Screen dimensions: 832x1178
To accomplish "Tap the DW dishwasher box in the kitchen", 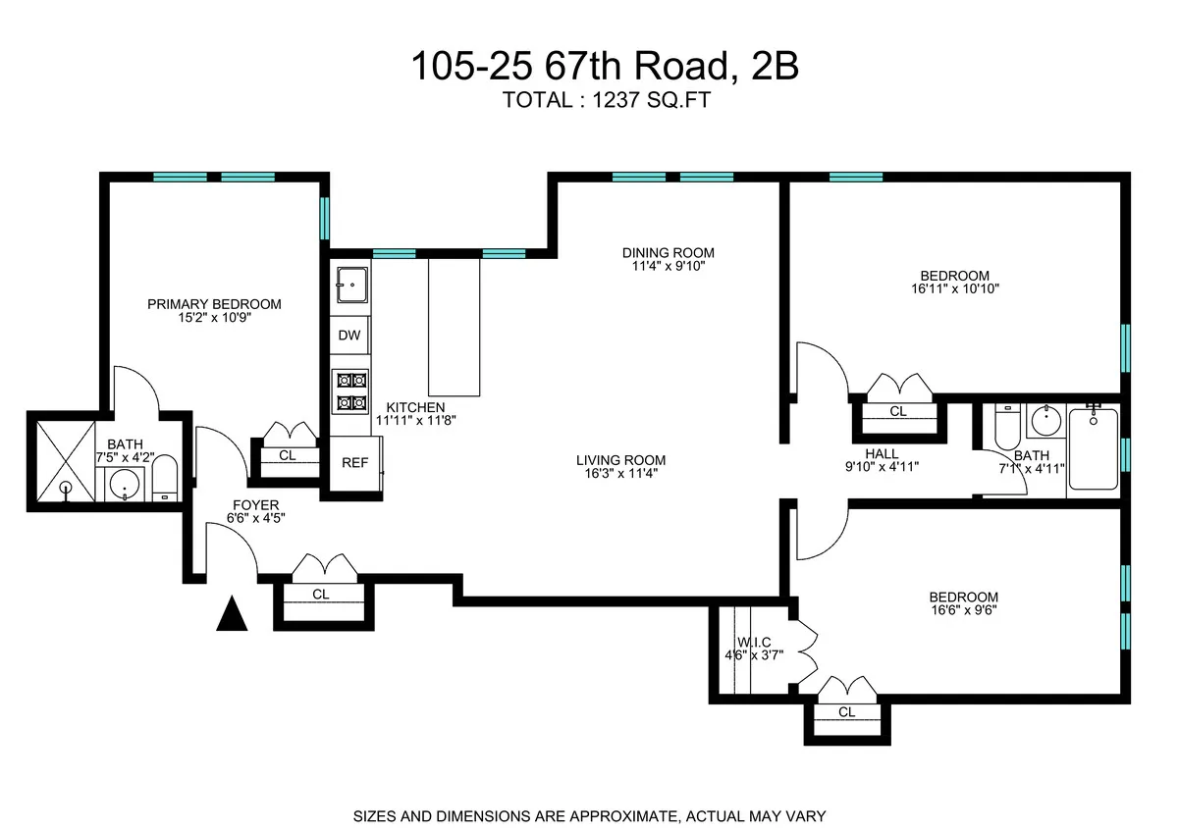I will tap(349, 336).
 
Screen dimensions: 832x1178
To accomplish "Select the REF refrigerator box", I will tap(354, 463).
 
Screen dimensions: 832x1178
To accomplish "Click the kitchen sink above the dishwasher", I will tap(350, 286).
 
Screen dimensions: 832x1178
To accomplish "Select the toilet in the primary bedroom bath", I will tap(165, 478).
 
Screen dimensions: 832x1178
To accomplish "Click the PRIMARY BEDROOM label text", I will tap(214, 304).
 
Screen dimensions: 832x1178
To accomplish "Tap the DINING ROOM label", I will tap(668, 251).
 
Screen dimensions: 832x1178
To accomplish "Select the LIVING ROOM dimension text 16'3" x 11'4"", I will tap(620, 474).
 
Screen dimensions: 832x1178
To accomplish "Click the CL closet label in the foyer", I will tap(321, 595).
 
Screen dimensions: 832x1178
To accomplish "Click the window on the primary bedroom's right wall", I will tap(325, 219).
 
